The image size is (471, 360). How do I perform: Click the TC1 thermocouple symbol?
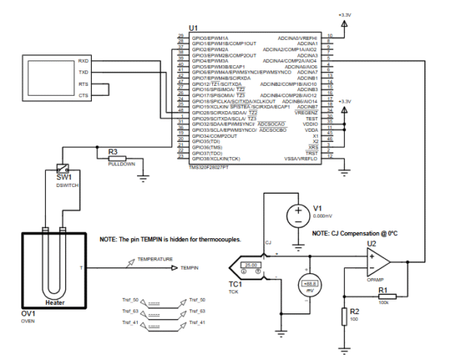click(252, 270)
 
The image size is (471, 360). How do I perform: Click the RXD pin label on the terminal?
click(83, 61)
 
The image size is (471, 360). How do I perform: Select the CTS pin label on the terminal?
click(83, 95)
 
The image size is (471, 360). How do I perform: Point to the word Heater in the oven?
click(55, 303)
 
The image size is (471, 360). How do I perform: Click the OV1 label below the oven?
click(30, 315)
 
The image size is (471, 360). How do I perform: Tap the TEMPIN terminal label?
click(190, 268)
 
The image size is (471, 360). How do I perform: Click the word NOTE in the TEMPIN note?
click(110, 240)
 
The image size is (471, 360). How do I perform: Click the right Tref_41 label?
click(197, 323)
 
